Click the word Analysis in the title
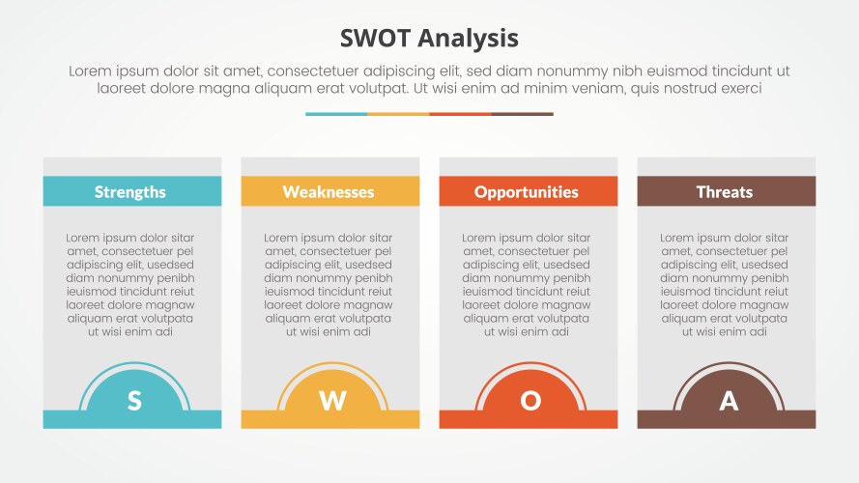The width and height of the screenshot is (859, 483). coord(470,39)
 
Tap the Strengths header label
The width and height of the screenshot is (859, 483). coord(130,191)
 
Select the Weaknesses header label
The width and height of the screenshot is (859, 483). coord(329,191)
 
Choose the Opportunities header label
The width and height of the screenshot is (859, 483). coord(527,191)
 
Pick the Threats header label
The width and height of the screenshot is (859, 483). coord(725,191)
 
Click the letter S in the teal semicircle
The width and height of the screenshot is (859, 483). coord(134,401)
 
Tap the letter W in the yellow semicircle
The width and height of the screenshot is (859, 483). coord(332,401)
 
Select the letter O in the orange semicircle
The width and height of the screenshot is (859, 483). coord(530,401)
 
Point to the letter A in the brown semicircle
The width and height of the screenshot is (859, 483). coord(729,401)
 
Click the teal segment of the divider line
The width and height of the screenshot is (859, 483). coord(336,114)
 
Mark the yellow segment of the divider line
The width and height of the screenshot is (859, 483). coord(398,114)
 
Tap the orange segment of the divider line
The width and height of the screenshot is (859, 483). coord(460,114)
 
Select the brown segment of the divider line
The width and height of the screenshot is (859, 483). coord(522,114)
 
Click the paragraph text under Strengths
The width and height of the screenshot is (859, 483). coord(130,284)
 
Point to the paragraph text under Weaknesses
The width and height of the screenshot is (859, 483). coord(329,284)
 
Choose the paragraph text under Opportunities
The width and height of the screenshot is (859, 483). coord(527,284)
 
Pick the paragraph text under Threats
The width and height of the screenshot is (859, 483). coord(725,284)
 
